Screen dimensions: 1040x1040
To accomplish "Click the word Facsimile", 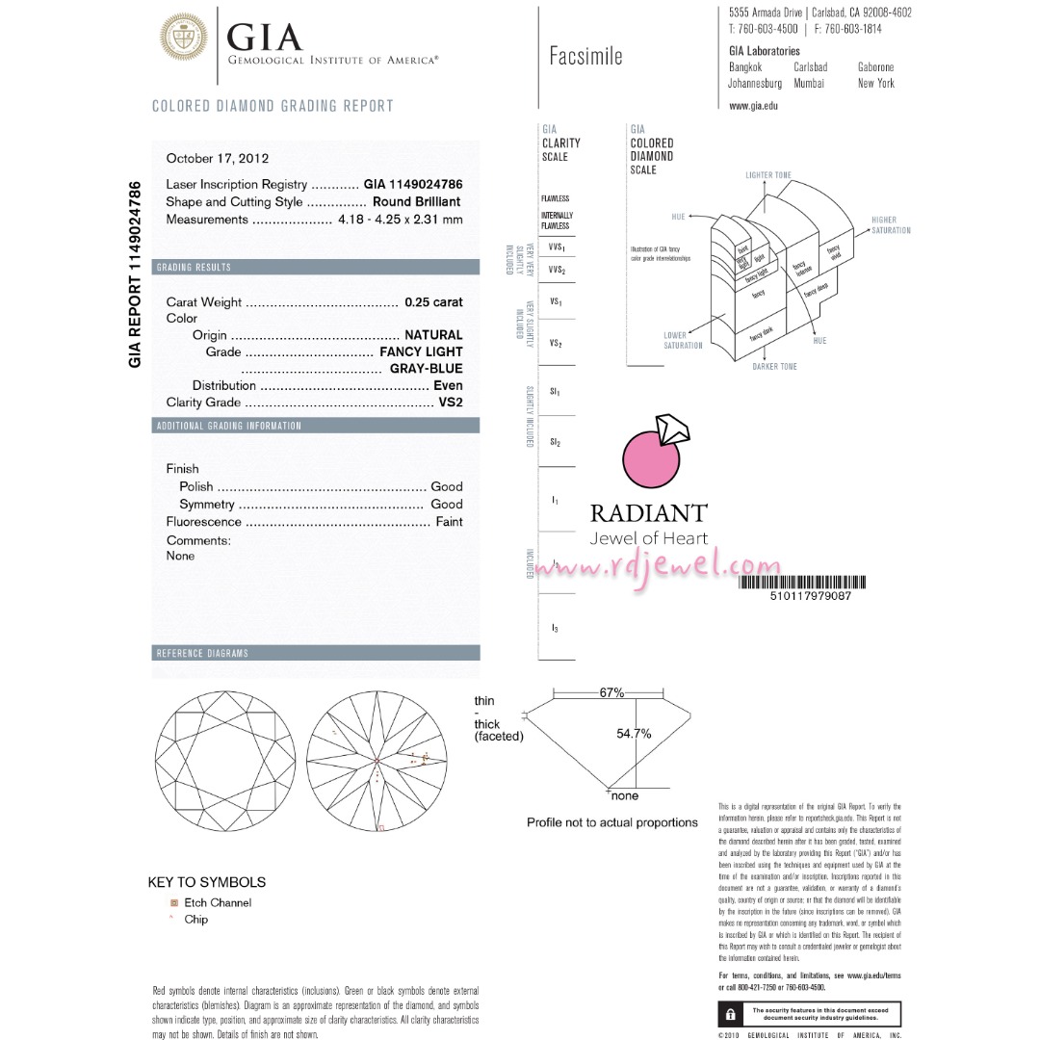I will [x=585, y=56].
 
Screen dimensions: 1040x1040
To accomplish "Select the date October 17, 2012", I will [x=218, y=159].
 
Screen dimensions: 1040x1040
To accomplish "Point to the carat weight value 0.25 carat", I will [x=433, y=302].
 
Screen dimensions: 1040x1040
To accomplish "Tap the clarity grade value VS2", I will [x=451, y=403].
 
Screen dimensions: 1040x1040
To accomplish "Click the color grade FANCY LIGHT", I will [x=421, y=351].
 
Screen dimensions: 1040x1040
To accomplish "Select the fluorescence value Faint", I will [x=449, y=522].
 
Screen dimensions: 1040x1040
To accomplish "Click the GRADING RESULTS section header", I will [x=194, y=267].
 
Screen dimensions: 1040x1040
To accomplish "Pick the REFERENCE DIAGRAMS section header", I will [x=202, y=654].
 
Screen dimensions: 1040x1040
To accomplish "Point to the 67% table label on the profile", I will [x=611, y=693].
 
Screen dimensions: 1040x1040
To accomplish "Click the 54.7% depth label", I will [x=634, y=734].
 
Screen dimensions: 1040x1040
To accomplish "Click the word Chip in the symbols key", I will [x=195, y=920].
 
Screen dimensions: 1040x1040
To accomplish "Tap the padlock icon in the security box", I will [x=732, y=1014].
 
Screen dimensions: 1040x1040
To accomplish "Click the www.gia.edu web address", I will [x=753, y=105].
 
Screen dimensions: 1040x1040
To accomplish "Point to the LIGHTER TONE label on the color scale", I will [x=768, y=175].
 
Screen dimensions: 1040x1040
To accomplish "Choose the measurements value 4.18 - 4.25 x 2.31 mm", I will [x=401, y=220].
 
